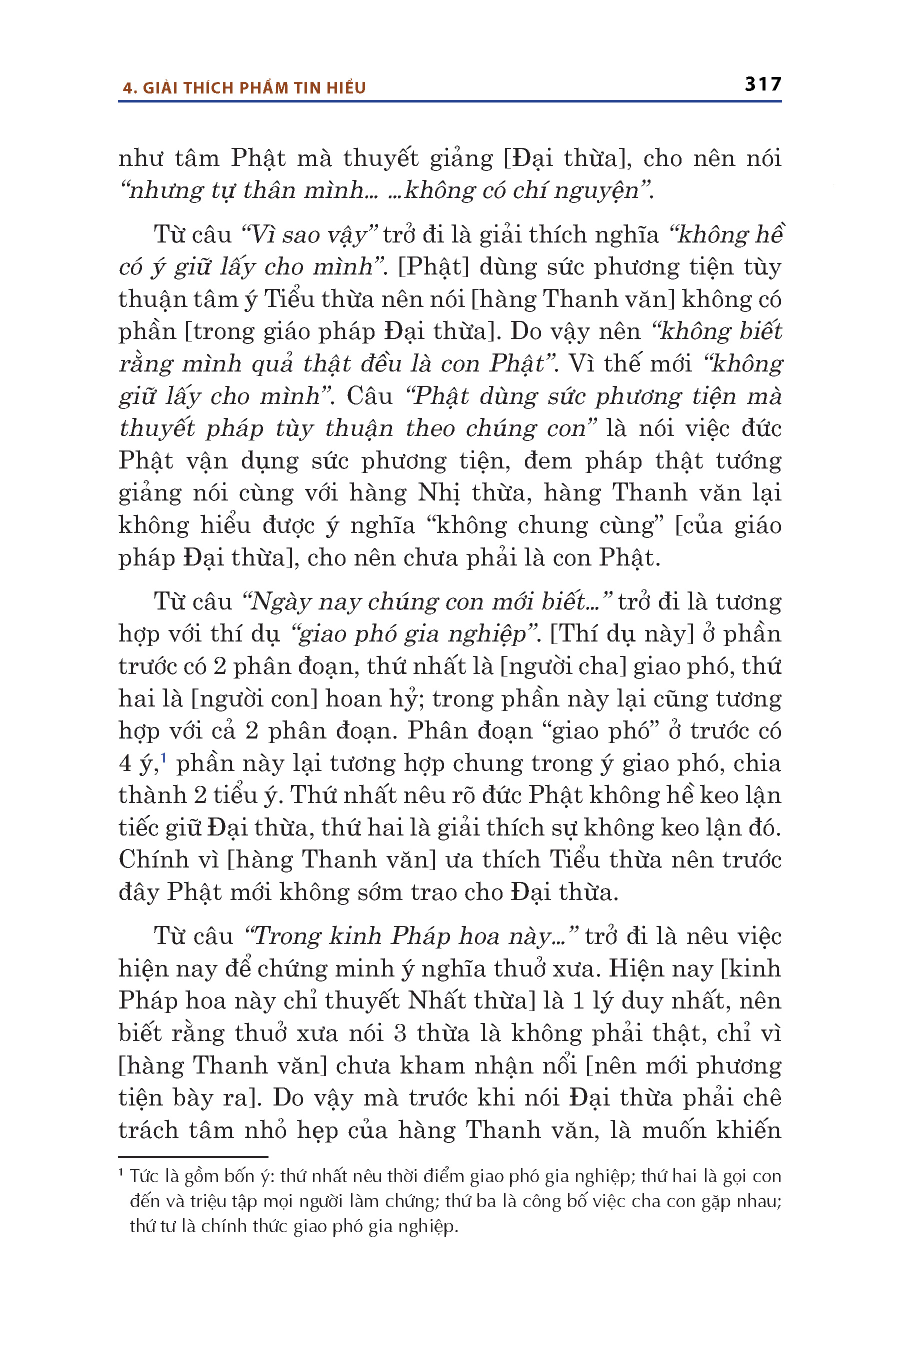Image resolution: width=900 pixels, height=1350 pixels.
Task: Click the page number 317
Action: pos(763,84)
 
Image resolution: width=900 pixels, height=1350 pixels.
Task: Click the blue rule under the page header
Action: pos(449,101)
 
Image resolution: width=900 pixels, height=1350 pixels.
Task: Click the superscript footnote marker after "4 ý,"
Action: pos(163,759)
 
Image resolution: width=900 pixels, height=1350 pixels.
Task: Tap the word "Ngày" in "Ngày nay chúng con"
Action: pos(279,602)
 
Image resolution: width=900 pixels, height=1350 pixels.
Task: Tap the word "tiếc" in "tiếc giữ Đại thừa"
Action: pos(139,827)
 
